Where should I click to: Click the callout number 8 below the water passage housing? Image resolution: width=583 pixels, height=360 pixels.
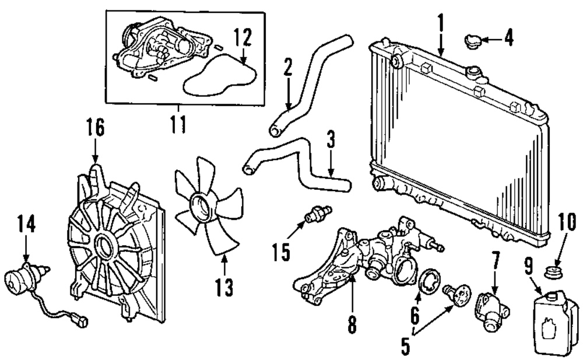pos(352,324)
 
